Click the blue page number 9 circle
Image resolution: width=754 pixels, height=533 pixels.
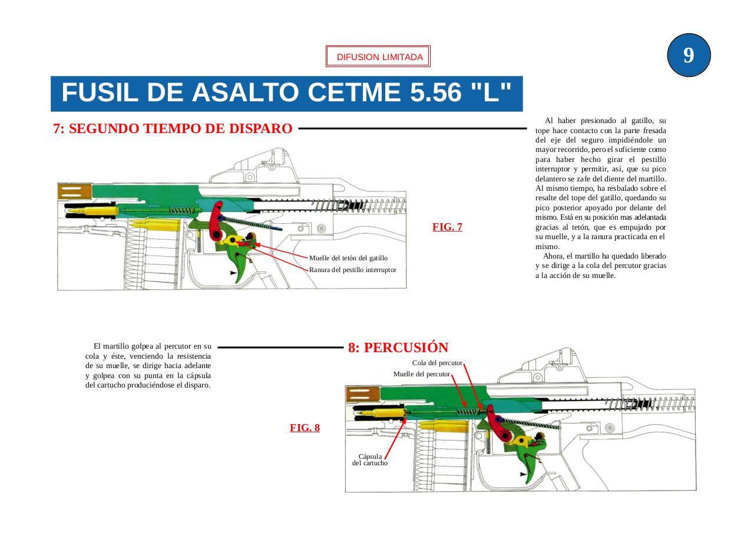coord(689,55)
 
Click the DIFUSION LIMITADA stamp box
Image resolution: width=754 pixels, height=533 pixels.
coord(378,57)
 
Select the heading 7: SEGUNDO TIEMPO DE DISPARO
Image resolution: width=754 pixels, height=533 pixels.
coord(173,128)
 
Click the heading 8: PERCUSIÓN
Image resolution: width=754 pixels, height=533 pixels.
coord(398,347)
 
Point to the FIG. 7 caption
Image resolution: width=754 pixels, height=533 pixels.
coord(447,227)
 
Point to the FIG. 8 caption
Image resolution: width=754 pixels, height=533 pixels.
coord(305,428)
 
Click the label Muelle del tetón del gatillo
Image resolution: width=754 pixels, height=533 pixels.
coord(348,258)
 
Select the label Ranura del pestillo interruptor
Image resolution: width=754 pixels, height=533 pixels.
coord(352,270)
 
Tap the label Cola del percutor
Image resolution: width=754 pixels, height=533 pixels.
coord(437,363)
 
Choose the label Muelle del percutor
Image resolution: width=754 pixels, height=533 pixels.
coord(422,374)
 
